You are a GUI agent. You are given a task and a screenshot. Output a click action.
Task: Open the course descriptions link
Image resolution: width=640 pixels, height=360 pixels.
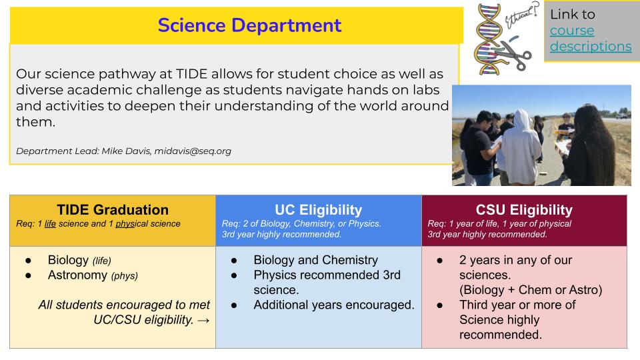[x=590, y=39]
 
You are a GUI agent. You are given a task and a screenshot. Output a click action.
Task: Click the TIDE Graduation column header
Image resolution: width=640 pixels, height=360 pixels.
[x=112, y=209]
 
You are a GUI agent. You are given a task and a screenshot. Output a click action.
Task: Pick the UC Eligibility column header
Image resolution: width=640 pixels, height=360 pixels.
[x=318, y=209]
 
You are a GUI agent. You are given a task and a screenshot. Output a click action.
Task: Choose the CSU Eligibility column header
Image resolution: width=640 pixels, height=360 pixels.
[x=524, y=209]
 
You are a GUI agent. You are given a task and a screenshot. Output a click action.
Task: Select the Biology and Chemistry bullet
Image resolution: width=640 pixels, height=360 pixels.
[x=315, y=260]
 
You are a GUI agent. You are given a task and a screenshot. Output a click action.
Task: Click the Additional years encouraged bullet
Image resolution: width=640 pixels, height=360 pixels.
[x=333, y=305]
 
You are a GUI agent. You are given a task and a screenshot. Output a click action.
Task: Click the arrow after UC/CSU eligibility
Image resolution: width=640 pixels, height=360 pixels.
[x=204, y=320]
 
